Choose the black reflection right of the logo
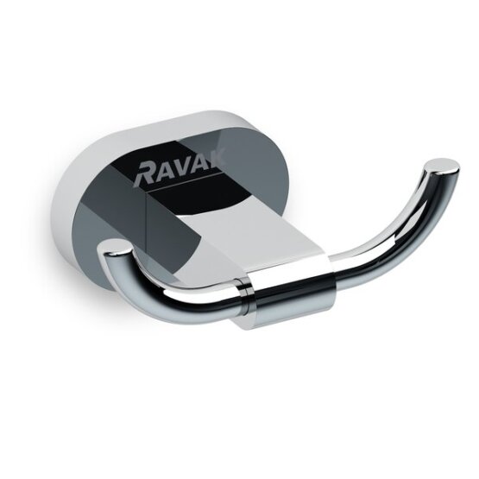coord(259,173)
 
